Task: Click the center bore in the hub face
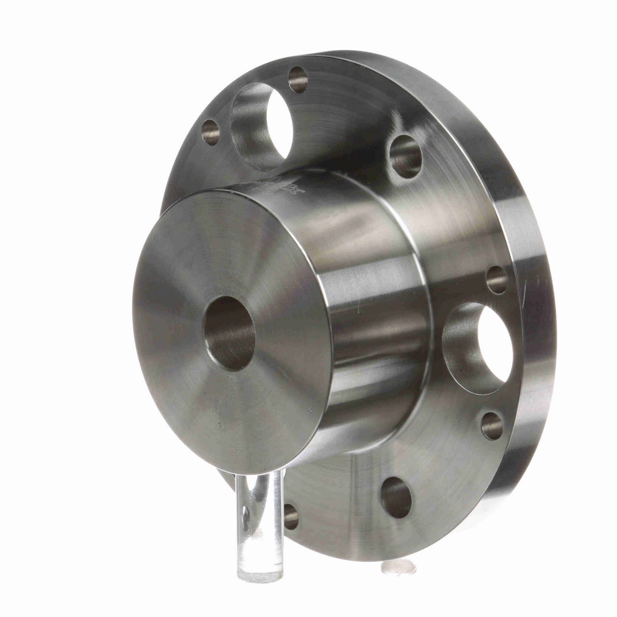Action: [230, 334]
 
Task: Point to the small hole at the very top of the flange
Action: [298, 80]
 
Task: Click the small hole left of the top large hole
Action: [211, 132]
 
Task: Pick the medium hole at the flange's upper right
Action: [407, 156]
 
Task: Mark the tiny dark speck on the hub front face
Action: [220, 425]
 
